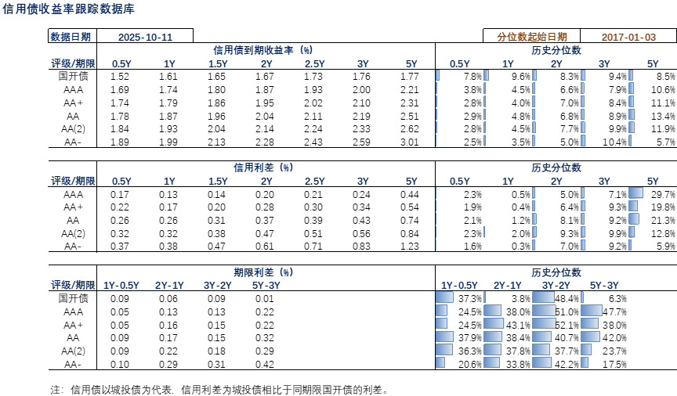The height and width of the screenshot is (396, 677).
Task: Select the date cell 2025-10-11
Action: (145, 37)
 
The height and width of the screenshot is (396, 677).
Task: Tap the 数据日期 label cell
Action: (71, 37)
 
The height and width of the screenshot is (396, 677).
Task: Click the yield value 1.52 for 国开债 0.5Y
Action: (120, 77)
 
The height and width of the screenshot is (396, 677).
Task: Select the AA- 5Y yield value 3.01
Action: (409, 142)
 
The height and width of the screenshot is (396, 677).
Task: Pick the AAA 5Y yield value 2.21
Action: (409, 90)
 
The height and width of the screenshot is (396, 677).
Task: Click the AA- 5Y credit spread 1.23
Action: (409, 247)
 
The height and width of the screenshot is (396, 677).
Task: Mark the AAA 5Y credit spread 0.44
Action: (409, 194)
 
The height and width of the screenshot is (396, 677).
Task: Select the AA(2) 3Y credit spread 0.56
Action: (361, 234)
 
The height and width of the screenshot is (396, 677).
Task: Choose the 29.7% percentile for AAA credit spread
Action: (663, 194)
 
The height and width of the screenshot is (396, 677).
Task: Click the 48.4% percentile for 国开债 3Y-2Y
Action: (567, 298)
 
